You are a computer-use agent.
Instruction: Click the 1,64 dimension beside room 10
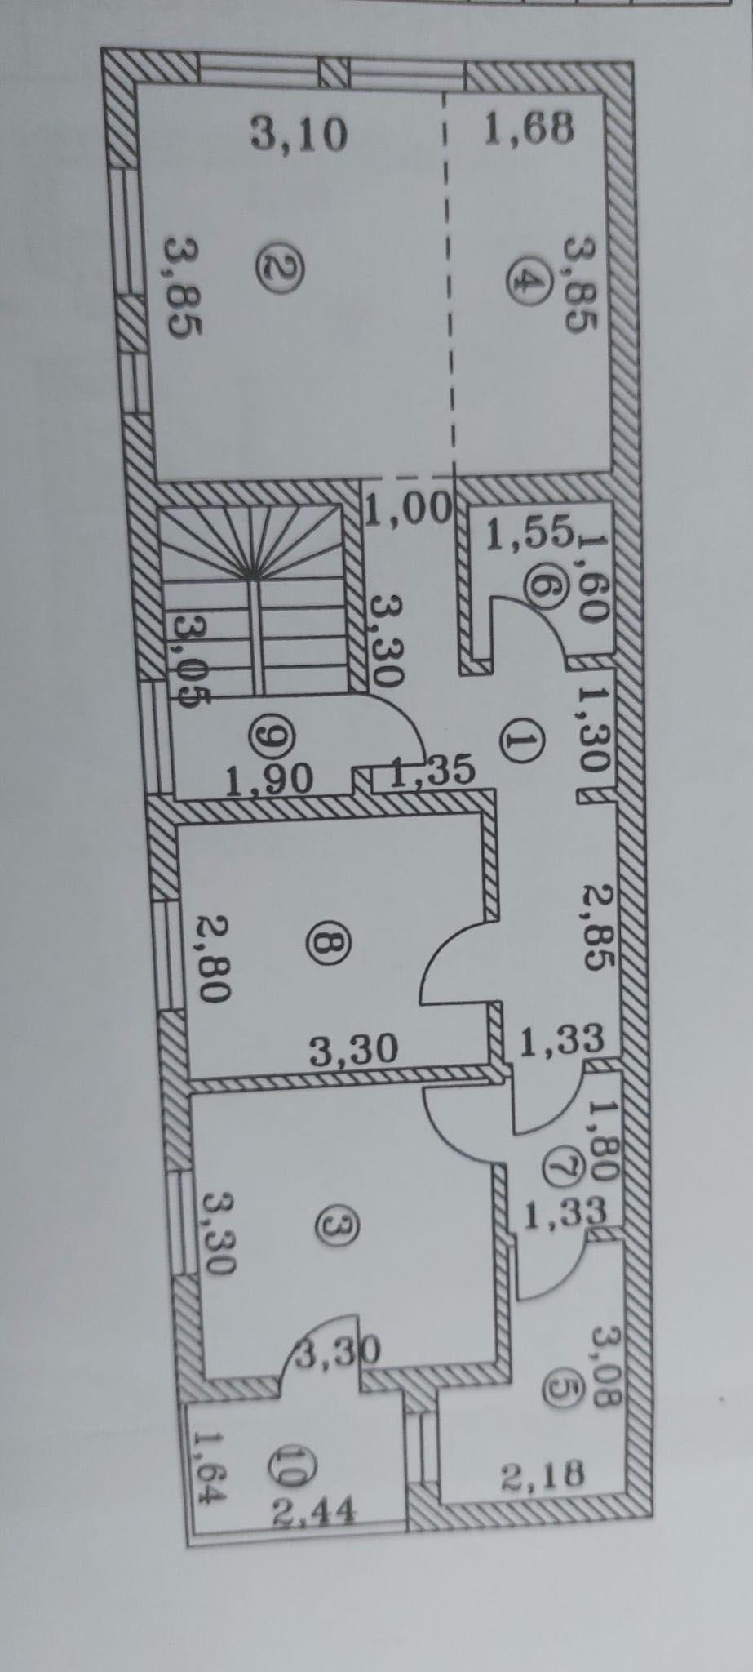click(x=208, y=1471)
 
